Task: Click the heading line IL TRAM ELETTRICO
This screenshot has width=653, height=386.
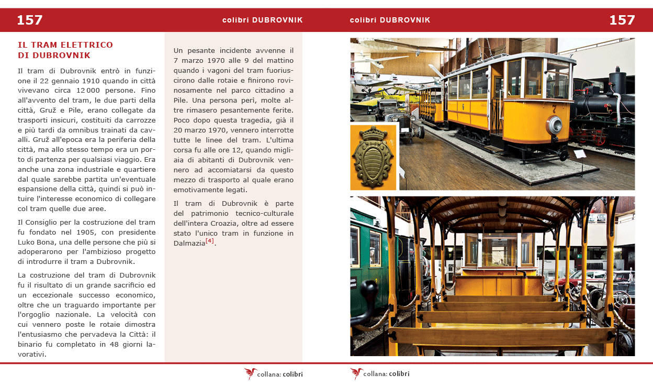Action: pyautogui.click(x=65, y=45)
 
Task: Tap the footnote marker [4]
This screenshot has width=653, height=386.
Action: pyautogui.click(x=210, y=241)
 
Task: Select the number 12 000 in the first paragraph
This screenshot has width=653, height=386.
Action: pyautogui.click(x=85, y=90)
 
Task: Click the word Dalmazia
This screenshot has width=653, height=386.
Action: pyautogui.click(x=189, y=243)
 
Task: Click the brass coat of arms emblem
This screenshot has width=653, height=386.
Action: pyautogui.click(x=373, y=156)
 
